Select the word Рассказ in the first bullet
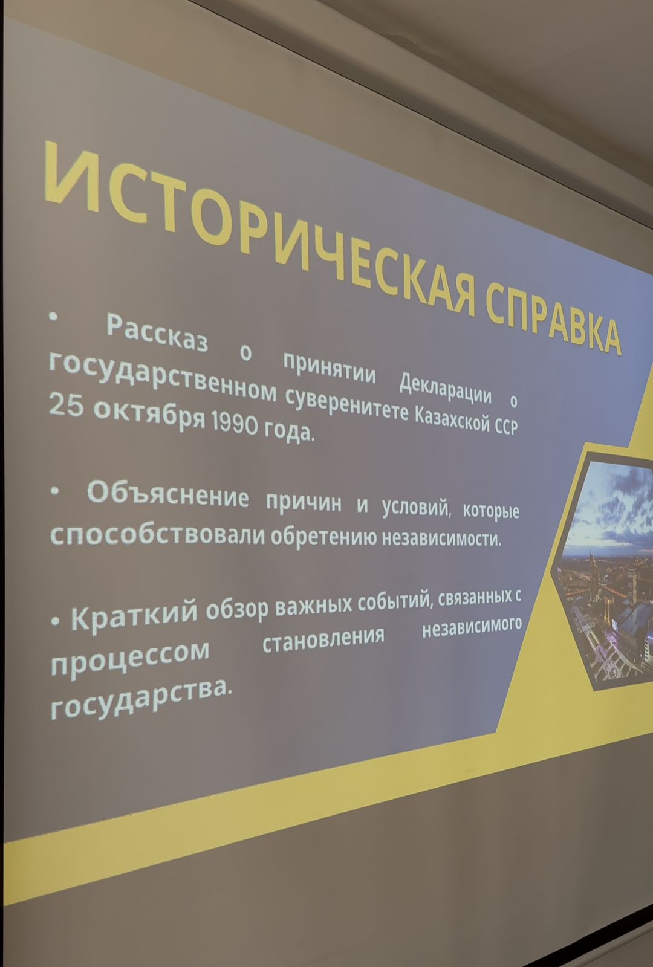[157, 334]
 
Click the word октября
[149, 415]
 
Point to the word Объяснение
[168, 494]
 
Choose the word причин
[303, 502]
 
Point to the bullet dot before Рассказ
[53, 317]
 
